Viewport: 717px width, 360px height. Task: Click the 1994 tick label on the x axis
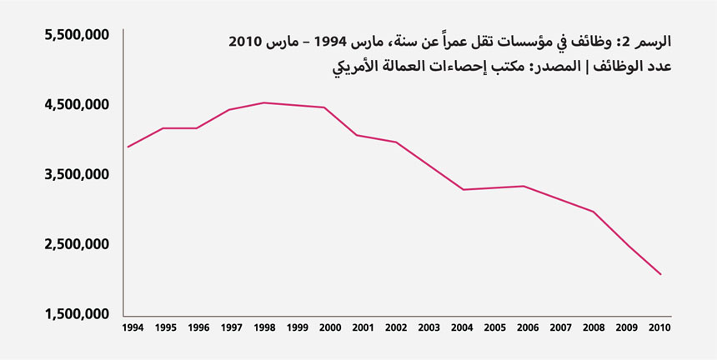(x=133, y=328)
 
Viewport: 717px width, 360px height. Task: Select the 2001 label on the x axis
(x=363, y=328)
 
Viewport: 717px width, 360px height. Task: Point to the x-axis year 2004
(x=462, y=328)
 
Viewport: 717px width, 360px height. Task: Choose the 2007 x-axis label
(x=561, y=328)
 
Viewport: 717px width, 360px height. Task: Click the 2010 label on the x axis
(x=660, y=328)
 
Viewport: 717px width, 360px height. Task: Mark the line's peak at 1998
(x=263, y=102)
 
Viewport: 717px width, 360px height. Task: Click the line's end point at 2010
(x=661, y=274)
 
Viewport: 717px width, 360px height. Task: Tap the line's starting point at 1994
(x=128, y=147)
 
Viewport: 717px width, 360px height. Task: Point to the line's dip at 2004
(x=462, y=190)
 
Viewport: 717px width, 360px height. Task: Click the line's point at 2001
(x=357, y=135)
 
